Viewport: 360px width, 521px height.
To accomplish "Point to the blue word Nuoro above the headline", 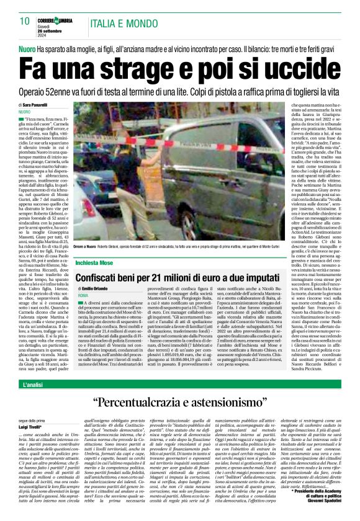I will point(28,47).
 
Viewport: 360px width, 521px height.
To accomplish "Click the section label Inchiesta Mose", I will point(94,262).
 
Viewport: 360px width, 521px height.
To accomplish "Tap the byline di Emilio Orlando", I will point(96,289).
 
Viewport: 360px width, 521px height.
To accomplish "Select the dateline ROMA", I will point(83,296).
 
